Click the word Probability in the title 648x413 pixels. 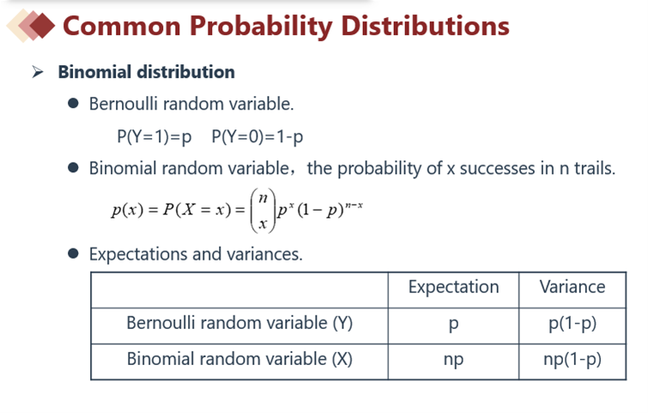pyautogui.click(x=261, y=27)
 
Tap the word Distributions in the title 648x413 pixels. pyautogui.click(x=425, y=26)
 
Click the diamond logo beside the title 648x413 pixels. pyautogui.click(x=31, y=26)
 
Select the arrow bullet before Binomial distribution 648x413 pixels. pyautogui.click(x=38, y=72)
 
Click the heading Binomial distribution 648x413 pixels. pyautogui.click(x=146, y=72)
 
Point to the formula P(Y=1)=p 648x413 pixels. pyautogui.click(x=154, y=136)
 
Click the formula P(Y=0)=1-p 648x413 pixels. pyautogui.click(x=257, y=136)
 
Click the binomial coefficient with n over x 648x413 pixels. pyautogui.click(x=263, y=211)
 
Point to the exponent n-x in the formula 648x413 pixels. pyautogui.click(x=354, y=205)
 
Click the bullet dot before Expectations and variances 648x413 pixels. pyautogui.click(x=73, y=254)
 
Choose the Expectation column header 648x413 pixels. pyautogui.click(x=454, y=288)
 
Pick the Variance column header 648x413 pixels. pyautogui.click(x=572, y=287)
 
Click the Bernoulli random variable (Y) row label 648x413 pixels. pyautogui.click(x=239, y=323)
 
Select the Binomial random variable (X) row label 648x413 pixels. pyautogui.click(x=239, y=359)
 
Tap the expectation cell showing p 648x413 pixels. pyautogui.click(x=453, y=325)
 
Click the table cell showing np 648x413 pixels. pyautogui.click(x=453, y=360)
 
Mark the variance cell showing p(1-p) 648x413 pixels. pyautogui.click(x=572, y=324)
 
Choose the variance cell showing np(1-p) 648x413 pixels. pyautogui.click(x=572, y=360)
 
